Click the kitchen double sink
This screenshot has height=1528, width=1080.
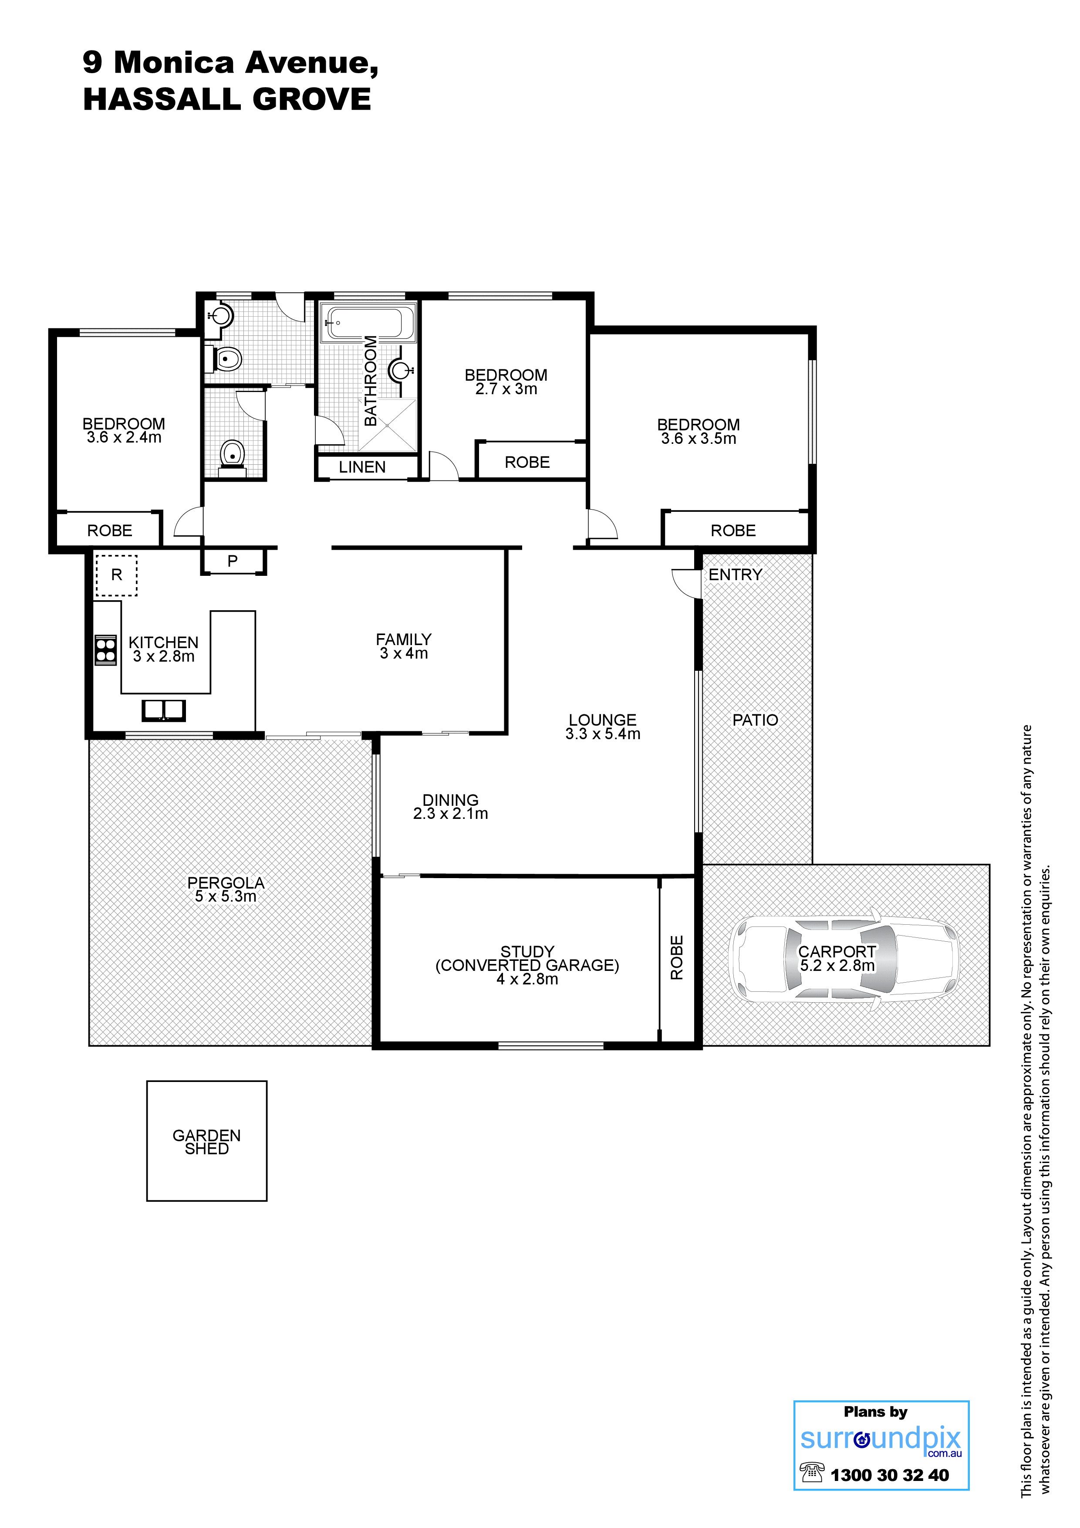164,711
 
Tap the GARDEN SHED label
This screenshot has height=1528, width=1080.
206,1142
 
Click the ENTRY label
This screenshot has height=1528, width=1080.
735,575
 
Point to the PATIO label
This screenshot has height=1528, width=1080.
755,720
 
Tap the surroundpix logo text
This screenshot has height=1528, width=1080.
881,1439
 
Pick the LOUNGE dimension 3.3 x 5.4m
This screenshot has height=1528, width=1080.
603,734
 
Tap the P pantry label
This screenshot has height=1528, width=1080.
232,561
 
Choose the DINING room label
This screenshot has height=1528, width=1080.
450,800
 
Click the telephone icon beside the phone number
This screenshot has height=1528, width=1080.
812,1472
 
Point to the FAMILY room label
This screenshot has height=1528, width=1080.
404,639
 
